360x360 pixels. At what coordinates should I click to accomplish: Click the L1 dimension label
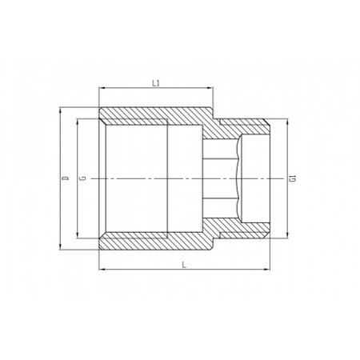pos(156,83)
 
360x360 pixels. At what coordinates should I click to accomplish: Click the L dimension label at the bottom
pos(184,265)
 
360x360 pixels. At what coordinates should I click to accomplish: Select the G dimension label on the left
pos(83,178)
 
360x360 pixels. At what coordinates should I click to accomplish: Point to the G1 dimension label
pos(293,178)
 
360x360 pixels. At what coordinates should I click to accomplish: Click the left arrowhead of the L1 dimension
pos(102,87)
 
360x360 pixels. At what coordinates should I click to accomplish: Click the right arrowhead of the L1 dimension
pos(210,87)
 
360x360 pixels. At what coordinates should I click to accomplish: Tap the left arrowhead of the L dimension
pos(102,270)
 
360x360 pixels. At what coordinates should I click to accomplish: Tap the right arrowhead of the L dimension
pos(266,270)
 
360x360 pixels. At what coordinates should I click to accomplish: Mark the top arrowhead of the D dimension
pos(61,110)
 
